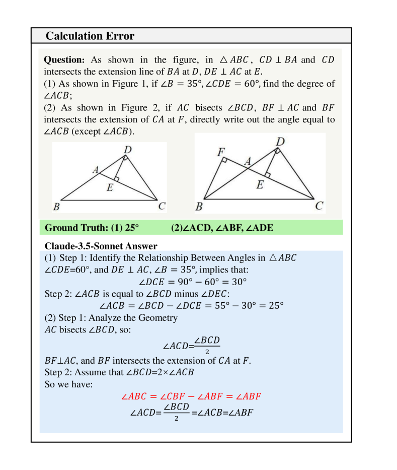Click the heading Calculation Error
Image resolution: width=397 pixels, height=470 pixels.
(x=90, y=36)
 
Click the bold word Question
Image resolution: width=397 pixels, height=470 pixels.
(x=63, y=60)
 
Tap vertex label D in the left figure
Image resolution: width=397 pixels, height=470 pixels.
(x=128, y=149)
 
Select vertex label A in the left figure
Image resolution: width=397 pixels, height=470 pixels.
(x=95, y=170)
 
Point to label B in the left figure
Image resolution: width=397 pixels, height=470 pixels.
(x=57, y=206)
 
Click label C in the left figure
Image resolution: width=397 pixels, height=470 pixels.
(x=162, y=206)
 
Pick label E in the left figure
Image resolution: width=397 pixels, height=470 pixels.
(x=110, y=188)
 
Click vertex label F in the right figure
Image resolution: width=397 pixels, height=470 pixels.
(x=221, y=152)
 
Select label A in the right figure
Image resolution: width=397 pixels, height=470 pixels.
(x=248, y=161)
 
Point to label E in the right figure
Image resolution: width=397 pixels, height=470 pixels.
(x=260, y=185)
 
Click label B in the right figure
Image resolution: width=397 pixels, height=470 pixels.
(x=199, y=206)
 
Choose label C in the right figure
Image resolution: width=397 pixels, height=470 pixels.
(x=319, y=206)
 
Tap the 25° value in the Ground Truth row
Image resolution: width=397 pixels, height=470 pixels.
(x=131, y=228)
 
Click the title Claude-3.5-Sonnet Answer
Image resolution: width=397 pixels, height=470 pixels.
(x=101, y=246)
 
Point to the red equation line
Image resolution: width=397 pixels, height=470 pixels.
(x=191, y=396)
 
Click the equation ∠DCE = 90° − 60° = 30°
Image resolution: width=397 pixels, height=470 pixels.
(x=192, y=282)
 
